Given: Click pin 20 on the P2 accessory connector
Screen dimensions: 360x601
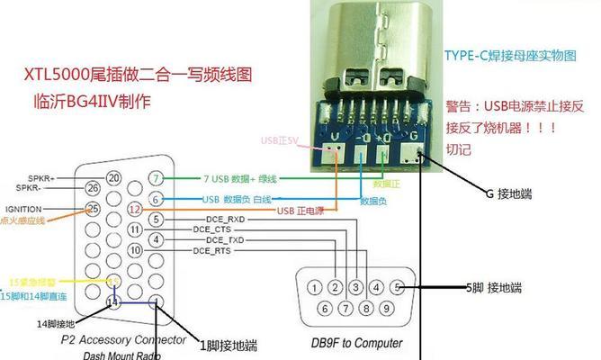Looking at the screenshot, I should pos(113,178).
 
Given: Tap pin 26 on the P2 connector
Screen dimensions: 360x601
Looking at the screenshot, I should pos(93,188).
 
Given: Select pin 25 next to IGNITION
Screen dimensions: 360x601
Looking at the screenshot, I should pos(92,209).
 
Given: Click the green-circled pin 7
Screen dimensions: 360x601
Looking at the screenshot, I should pos(157,178).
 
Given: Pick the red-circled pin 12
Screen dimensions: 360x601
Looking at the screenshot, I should pos(134,209).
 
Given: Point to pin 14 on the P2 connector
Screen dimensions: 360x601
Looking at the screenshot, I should pos(113,302).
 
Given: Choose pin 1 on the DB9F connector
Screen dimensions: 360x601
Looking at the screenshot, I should pos(314,288).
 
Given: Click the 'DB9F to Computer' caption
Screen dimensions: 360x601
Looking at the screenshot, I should pos(356,343).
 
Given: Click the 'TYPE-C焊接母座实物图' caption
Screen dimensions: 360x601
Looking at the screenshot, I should pos(509,55).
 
